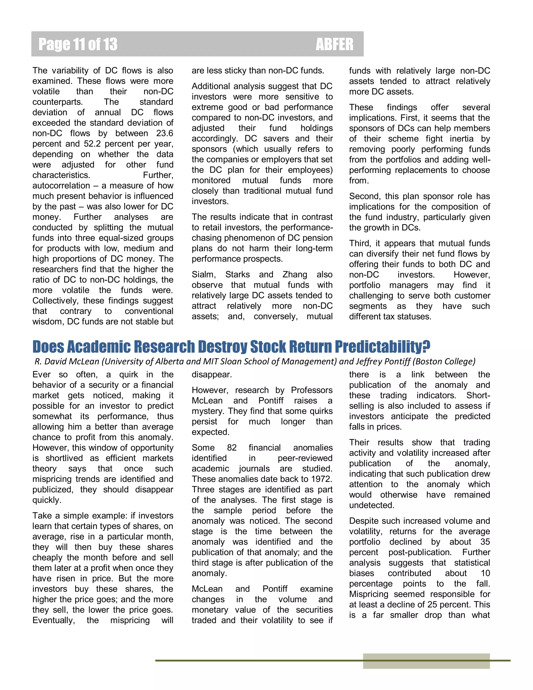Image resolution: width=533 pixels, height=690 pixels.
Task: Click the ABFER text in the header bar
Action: (x=334, y=44)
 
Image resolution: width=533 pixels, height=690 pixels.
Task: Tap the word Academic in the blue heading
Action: (x=99, y=347)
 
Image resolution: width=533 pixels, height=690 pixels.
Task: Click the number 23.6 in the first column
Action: (x=164, y=133)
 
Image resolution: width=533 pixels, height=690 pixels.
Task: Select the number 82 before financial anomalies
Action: (x=232, y=448)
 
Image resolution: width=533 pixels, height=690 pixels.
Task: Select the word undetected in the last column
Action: (x=371, y=505)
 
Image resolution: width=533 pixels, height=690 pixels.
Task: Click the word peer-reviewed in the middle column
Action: (x=305, y=458)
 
